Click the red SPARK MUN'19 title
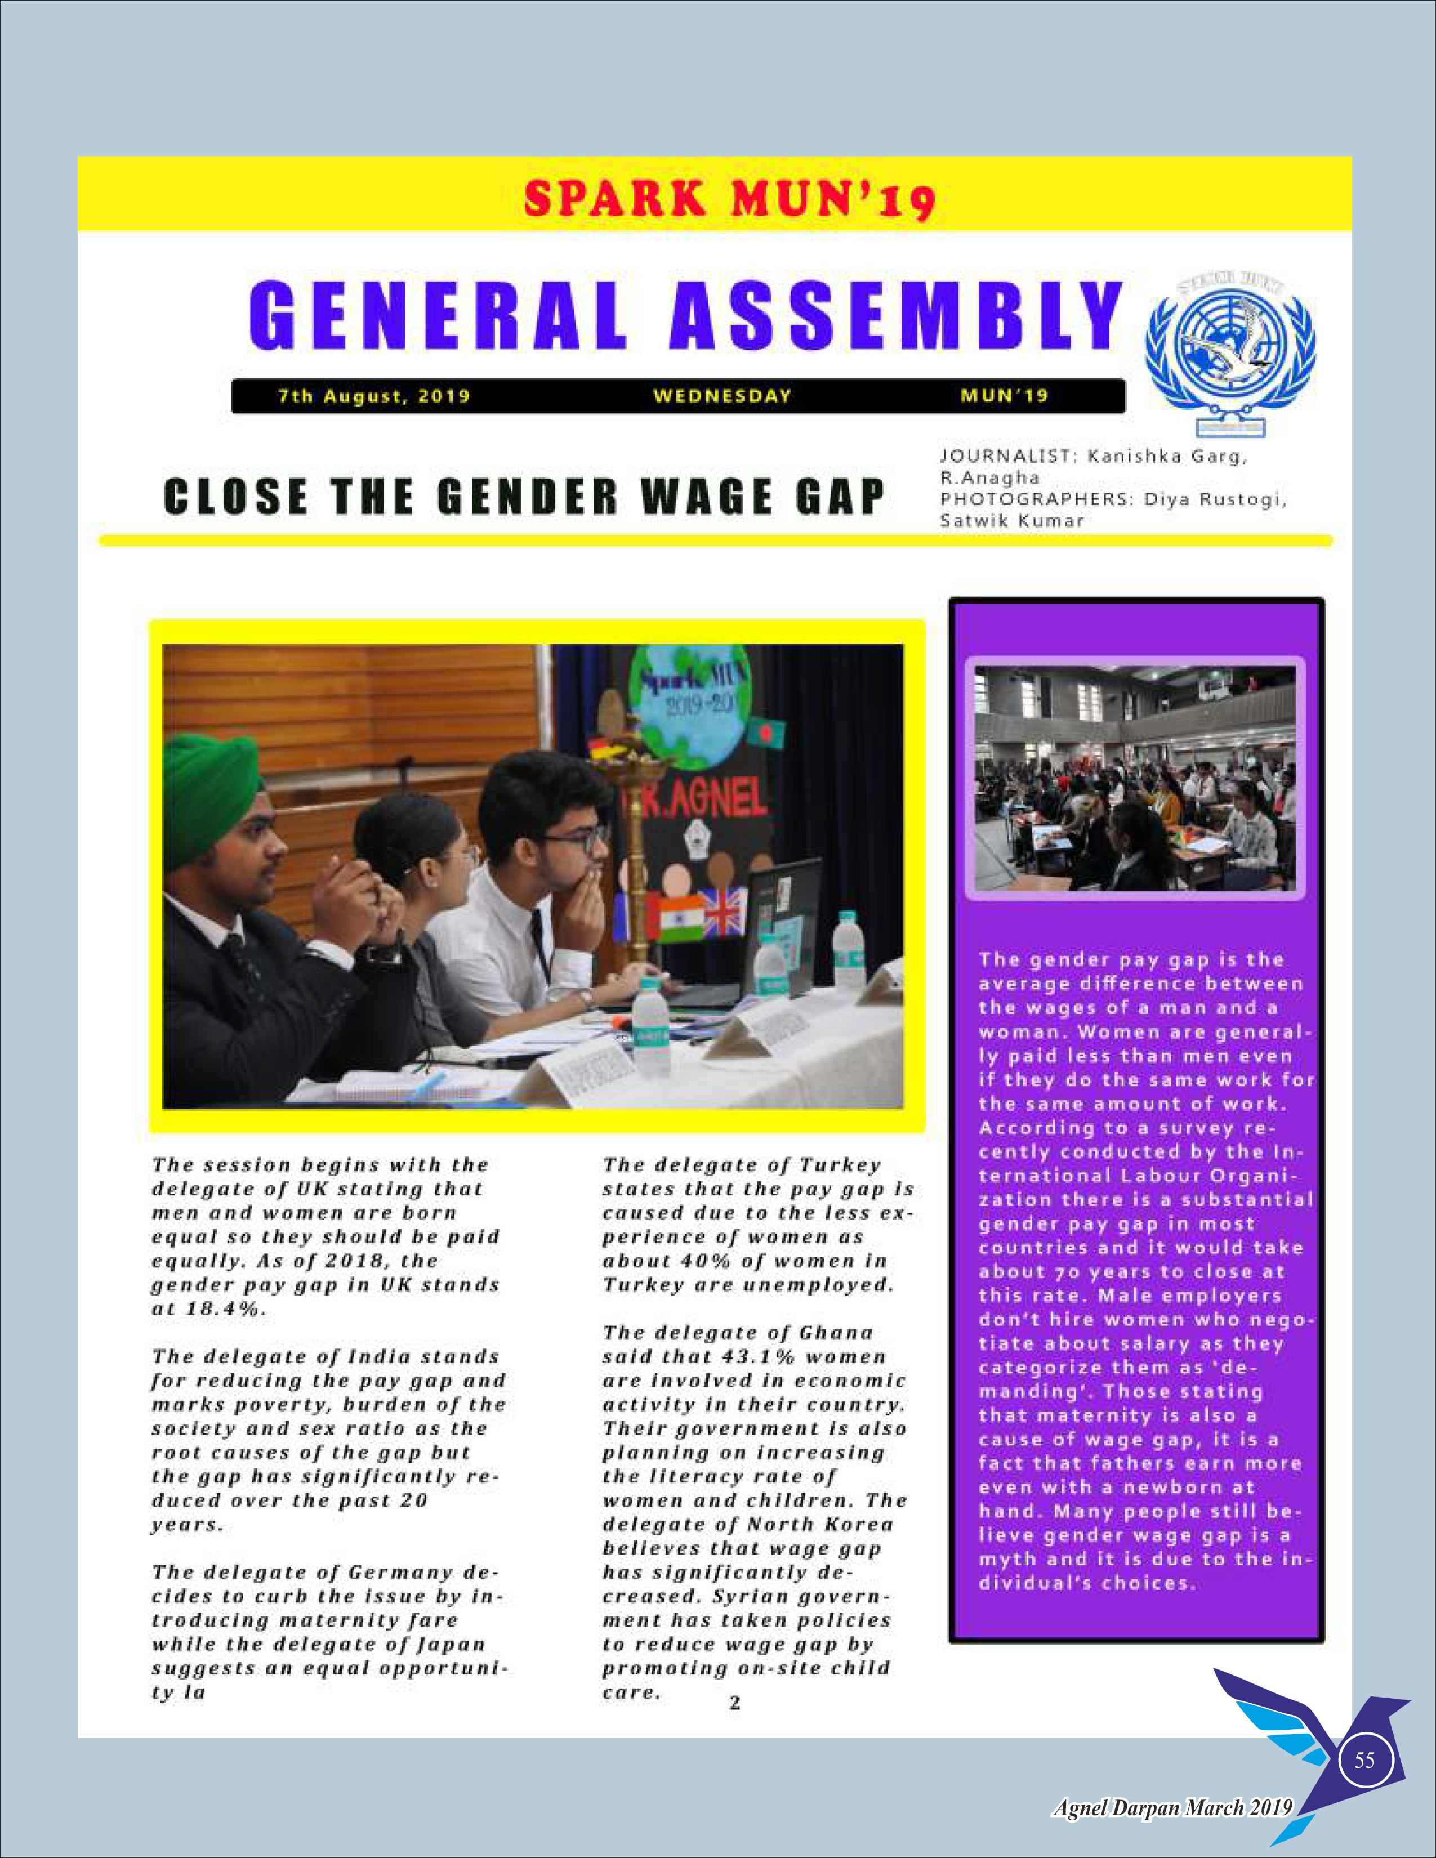click(729, 199)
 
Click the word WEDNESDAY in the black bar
click(723, 396)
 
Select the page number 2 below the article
click(735, 1700)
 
